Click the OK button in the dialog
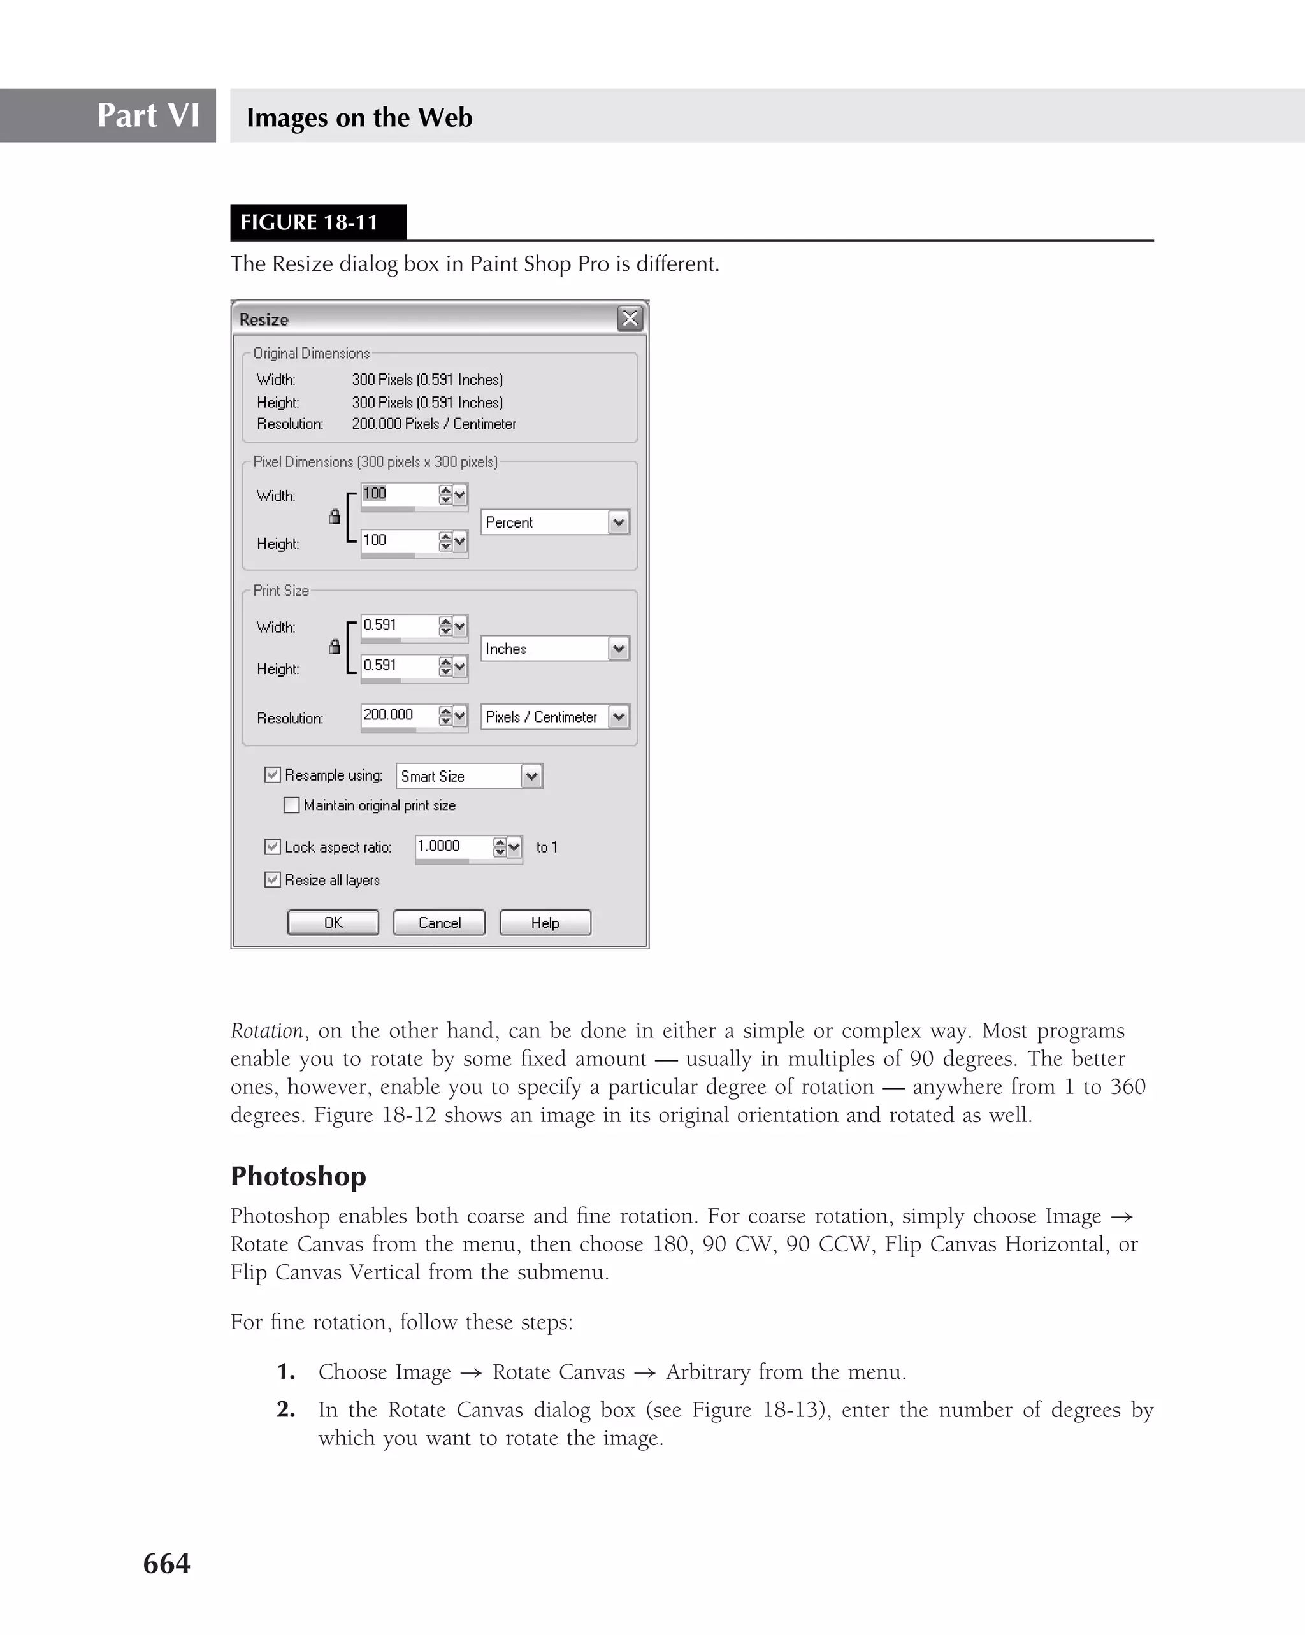click(333, 923)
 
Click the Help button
click(544, 923)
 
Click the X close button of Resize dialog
click(630, 319)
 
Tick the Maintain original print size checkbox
click(291, 805)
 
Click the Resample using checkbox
click(272, 775)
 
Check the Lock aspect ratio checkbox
click(272, 847)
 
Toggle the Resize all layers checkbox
click(272, 880)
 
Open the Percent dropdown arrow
click(619, 522)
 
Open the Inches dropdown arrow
click(619, 649)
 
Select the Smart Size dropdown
click(468, 777)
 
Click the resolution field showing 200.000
click(398, 715)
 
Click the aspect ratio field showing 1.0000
click(452, 846)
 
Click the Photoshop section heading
click(298, 1176)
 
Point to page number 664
click(167, 1564)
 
